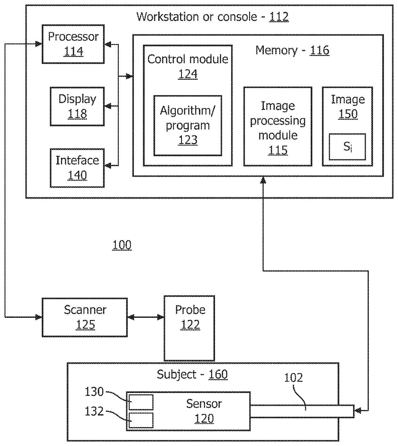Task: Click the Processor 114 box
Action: point(73,44)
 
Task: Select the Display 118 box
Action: point(77,106)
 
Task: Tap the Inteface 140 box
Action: point(77,168)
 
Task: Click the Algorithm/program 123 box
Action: point(187,126)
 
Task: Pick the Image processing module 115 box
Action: point(278,126)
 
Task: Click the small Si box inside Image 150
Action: point(347,147)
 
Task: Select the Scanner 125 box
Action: point(85,317)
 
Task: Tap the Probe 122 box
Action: point(189,328)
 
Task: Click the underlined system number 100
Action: point(122,245)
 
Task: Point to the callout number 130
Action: point(94,392)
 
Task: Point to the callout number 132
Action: point(94,411)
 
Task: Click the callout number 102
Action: point(293,378)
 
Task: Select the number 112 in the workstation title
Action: point(279,17)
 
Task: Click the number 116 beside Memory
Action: point(319,50)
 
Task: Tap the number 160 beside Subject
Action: point(218,374)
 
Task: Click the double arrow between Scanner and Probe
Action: point(146,317)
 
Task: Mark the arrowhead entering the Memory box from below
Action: point(263,180)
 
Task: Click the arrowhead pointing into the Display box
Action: point(108,106)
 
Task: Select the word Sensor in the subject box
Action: point(204,404)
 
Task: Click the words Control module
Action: point(188,59)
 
